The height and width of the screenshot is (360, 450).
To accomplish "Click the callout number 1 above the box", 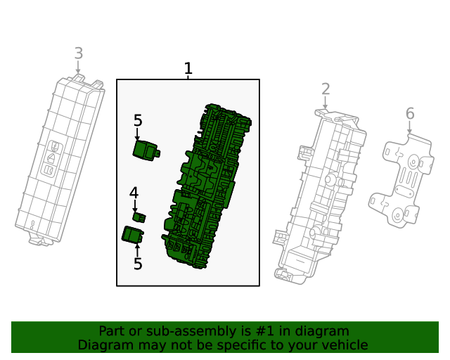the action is [x=188, y=68].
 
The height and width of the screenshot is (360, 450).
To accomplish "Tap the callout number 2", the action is [x=326, y=89].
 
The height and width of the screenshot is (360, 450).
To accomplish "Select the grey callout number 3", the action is [x=79, y=53].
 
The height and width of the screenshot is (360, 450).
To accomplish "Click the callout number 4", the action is [x=134, y=193].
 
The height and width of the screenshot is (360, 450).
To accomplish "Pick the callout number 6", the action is [x=410, y=114].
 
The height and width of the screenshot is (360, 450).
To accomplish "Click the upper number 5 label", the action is [x=138, y=120].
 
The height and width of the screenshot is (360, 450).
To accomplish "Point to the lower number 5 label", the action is [x=138, y=264].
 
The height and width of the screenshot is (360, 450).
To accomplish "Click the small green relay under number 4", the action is [x=139, y=217].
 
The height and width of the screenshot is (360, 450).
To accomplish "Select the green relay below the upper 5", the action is [x=146, y=150].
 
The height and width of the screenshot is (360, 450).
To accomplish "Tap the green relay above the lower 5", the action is [x=133, y=235].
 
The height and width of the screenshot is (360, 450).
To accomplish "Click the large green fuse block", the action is [x=207, y=186].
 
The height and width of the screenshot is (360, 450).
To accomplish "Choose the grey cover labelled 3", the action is [x=60, y=160].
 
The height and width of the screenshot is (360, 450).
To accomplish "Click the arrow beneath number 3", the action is [x=78, y=67].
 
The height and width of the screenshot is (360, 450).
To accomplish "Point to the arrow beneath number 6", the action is [x=409, y=127].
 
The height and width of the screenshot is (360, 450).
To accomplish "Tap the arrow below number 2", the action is [x=325, y=103].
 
